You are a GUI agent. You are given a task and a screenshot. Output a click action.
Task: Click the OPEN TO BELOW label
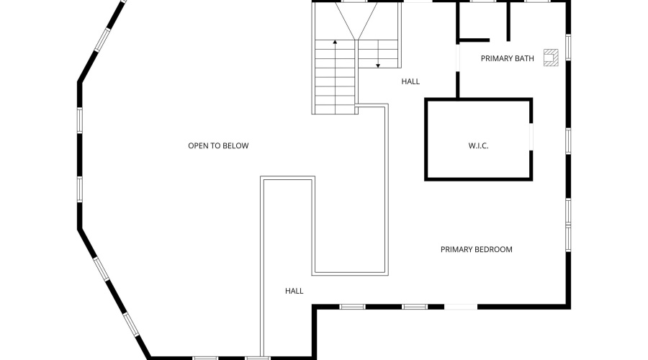point(218,145)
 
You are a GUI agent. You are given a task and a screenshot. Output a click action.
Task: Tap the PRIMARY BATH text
point(507,59)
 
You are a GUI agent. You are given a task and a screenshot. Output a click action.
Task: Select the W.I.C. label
point(478,146)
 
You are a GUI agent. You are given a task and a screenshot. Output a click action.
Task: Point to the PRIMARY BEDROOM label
point(476,249)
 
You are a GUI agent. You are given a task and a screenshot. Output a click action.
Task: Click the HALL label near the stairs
point(410,81)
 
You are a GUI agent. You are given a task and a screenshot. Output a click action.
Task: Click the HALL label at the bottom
point(294,291)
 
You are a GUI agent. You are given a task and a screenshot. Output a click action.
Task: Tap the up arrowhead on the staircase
point(335,42)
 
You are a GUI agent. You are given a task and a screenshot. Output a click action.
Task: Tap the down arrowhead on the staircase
point(378,66)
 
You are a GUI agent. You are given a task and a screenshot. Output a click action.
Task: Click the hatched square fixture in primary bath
point(551,58)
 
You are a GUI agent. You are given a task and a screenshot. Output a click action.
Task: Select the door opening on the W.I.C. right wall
point(531,137)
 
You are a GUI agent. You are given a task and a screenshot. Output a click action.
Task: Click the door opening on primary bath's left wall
point(457,58)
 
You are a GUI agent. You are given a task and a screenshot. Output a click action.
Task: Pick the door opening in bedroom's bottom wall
point(461,307)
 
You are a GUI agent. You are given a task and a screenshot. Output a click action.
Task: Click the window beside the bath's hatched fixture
point(568,47)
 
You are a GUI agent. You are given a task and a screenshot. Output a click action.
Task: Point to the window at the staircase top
point(354,1)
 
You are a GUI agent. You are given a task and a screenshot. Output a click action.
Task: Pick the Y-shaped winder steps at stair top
point(356,21)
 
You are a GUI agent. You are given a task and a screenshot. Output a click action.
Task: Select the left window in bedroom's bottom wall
point(353,307)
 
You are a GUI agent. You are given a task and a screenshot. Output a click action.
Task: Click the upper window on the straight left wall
point(79,120)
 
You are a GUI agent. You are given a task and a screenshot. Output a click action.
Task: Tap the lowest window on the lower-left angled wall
point(132,324)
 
